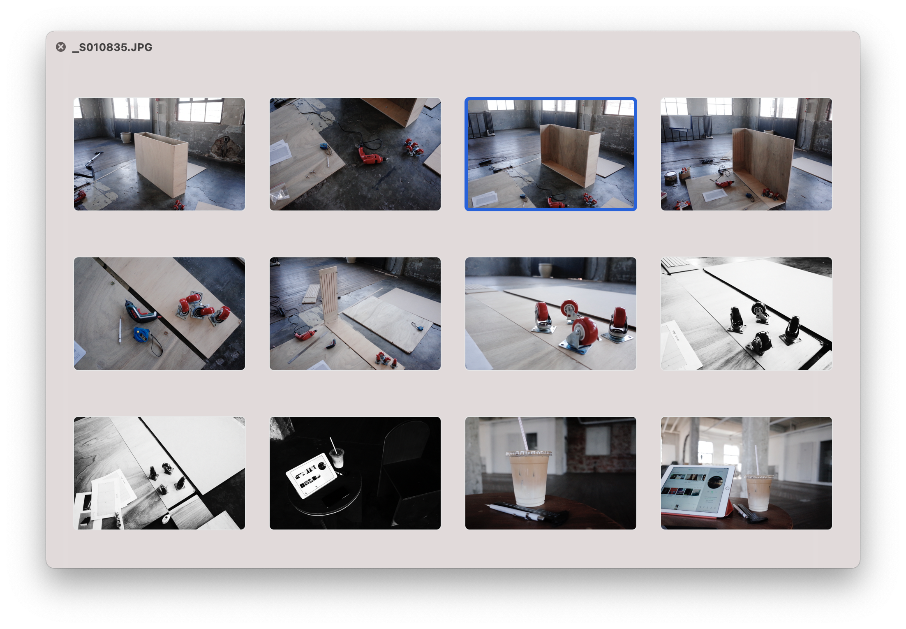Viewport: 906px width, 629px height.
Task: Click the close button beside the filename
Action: point(61,47)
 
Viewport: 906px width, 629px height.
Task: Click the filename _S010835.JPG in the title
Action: point(112,47)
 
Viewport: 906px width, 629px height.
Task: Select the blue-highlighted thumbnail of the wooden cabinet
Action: point(550,154)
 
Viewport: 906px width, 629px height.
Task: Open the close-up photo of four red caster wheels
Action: point(550,314)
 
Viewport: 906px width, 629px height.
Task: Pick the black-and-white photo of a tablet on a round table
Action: point(355,473)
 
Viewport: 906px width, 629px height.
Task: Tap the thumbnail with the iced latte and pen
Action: point(550,473)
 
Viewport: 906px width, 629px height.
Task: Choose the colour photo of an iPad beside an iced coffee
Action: point(746,473)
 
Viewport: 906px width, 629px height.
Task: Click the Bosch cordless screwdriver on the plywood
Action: point(141,312)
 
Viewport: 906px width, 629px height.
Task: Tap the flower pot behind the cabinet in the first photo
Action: point(126,137)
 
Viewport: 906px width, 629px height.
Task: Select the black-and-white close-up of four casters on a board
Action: point(746,314)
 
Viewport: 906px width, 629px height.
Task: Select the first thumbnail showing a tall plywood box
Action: point(159,154)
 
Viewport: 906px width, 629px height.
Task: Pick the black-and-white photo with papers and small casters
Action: point(159,473)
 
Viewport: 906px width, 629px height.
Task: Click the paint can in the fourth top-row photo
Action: point(670,178)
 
